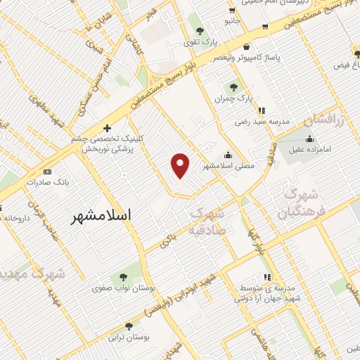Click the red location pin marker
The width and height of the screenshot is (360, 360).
(x=181, y=165)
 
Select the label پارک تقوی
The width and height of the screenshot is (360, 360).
(x=200, y=42)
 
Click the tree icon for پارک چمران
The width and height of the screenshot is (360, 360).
(x=234, y=87)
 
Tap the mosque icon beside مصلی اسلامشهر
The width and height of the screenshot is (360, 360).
(x=227, y=155)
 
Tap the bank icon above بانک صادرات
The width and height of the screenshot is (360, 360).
(x=47, y=171)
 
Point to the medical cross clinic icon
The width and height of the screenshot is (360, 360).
(x=107, y=128)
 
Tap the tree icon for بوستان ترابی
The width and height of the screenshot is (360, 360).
(x=129, y=327)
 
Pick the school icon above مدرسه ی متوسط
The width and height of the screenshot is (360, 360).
(x=266, y=278)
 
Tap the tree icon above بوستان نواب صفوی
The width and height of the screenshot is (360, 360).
(x=124, y=276)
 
